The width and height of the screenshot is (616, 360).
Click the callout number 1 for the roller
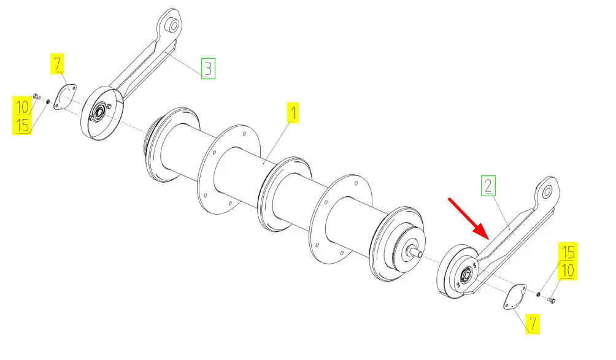click(293, 113)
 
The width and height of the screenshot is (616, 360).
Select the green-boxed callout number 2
click(488, 186)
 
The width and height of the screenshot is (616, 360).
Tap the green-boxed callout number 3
click(208, 68)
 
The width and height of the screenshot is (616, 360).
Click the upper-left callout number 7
click(57, 64)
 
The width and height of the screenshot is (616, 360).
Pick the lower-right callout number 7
click(533, 324)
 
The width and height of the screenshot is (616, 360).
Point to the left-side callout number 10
click(23, 106)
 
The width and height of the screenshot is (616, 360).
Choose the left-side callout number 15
click(22, 125)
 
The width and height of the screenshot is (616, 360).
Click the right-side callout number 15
click(568, 251)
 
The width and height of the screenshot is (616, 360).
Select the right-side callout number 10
click(568, 270)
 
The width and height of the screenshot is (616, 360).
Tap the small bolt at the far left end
click(37, 96)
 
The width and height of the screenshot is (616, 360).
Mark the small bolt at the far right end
click(551, 301)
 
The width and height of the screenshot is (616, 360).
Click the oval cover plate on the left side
click(65, 96)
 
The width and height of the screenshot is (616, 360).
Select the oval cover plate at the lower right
click(515, 296)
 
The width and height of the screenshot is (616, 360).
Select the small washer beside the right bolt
click(539, 294)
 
